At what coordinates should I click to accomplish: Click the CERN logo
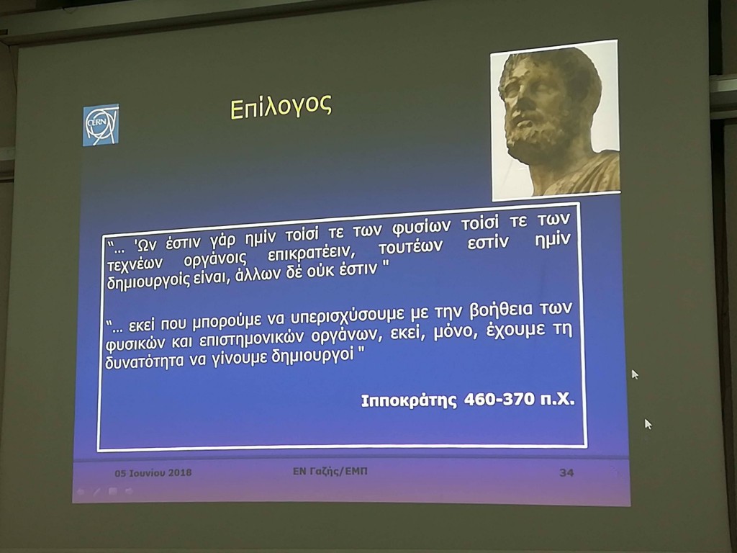pos(101,125)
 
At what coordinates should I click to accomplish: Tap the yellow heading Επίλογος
pos(281,107)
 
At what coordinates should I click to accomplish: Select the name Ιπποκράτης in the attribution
pos(409,401)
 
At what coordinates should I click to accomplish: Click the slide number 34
pos(566,472)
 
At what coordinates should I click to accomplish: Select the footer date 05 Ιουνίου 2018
pos(153,472)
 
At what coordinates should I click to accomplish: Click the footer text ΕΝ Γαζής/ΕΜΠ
pos(330,471)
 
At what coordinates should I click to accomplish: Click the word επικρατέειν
pos(308,254)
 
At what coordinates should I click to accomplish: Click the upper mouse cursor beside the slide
pos(635,374)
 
